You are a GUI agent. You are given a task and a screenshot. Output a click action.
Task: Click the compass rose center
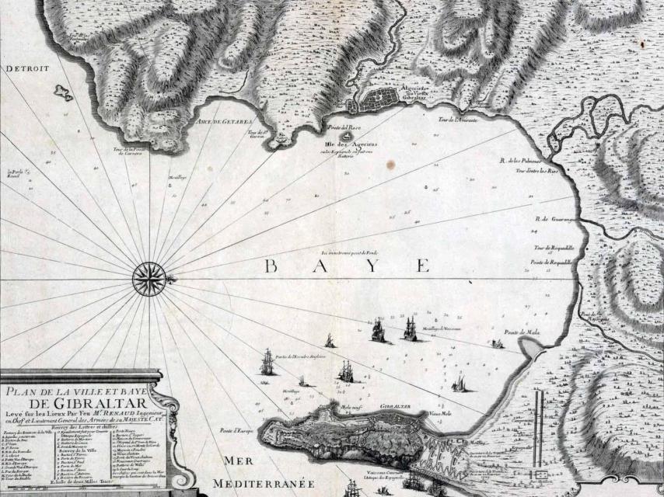[147, 279]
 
